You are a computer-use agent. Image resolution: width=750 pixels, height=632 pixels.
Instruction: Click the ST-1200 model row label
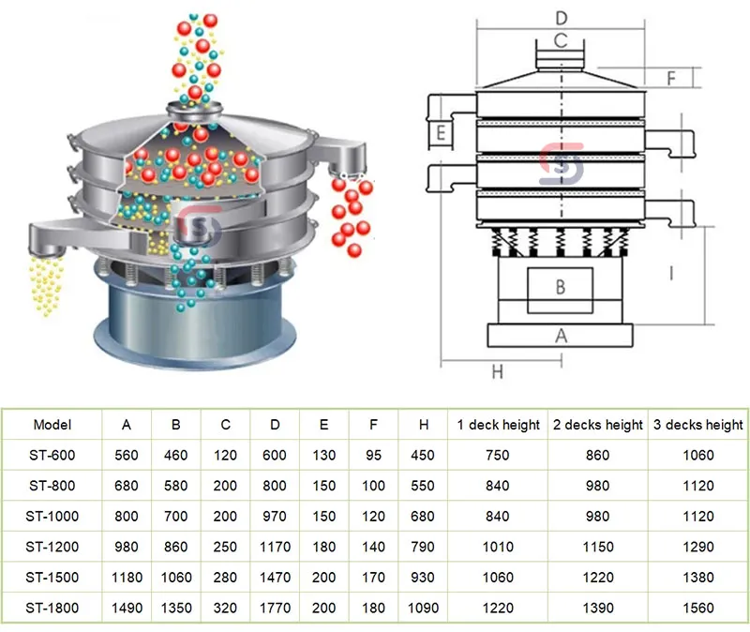click(52, 547)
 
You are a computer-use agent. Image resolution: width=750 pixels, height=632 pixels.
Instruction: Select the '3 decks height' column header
click(697, 425)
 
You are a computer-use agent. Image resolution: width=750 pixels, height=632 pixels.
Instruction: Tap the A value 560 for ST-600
click(127, 456)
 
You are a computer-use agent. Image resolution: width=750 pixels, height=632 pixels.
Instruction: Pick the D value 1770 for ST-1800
click(275, 608)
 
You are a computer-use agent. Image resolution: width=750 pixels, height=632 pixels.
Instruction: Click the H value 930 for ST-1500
click(424, 578)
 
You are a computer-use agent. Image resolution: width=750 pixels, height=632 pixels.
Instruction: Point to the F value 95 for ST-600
click(373, 456)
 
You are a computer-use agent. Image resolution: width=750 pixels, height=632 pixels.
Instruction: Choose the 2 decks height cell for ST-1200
click(597, 547)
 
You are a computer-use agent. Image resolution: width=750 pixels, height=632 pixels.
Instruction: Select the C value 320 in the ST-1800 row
click(225, 608)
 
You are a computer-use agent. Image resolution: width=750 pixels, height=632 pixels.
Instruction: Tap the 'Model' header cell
click(52, 425)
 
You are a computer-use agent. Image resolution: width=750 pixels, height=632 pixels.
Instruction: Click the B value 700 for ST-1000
click(176, 517)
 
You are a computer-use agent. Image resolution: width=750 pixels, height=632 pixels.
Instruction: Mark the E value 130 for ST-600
click(323, 456)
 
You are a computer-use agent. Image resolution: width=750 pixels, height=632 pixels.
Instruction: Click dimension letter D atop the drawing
click(561, 18)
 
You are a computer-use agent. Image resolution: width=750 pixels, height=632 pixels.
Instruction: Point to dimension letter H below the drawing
click(498, 372)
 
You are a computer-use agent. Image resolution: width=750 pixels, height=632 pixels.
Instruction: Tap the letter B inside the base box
click(560, 287)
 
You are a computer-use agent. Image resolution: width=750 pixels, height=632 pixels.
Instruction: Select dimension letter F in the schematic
click(670, 77)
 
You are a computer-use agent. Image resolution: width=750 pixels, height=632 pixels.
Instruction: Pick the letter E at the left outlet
click(440, 134)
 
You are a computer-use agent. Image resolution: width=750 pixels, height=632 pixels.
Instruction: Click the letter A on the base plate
click(561, 334)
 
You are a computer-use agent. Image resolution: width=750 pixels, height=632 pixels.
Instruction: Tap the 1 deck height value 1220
click(498, 608)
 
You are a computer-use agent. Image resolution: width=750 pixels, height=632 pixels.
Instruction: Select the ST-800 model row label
click(52, 486)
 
